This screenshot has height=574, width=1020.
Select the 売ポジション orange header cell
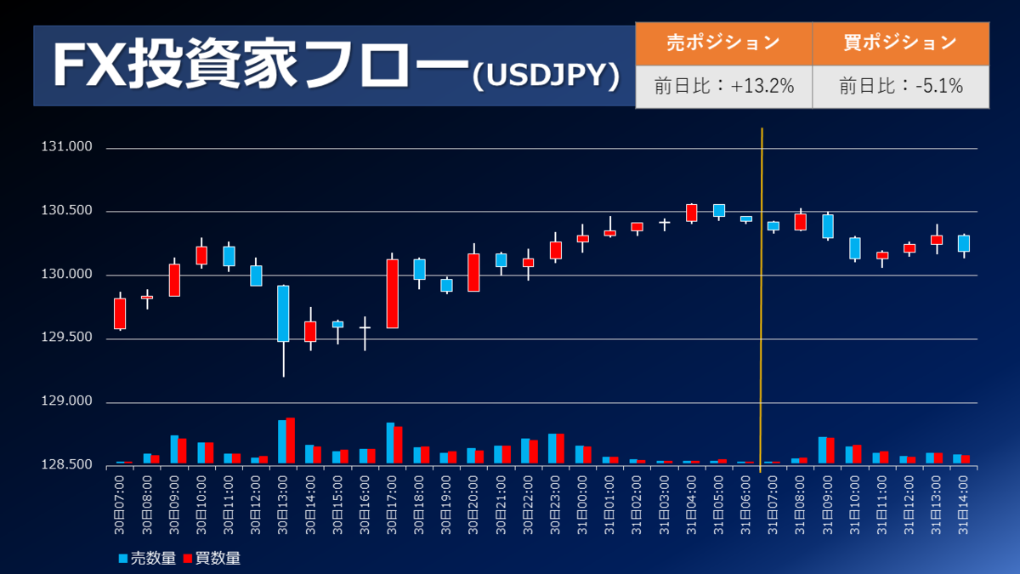click(723, 43)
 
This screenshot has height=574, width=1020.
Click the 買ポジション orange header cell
click(900, 43)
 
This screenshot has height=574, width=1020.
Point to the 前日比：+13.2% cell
click(723, 86)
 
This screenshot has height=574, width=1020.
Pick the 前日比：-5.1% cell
click(900, 86)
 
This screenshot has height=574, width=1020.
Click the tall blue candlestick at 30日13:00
click(283, 313)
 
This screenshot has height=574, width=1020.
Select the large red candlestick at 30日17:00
click(392, 293)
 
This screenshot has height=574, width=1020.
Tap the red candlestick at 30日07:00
click(120, 314)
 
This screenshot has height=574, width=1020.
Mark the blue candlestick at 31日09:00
click(827, 226)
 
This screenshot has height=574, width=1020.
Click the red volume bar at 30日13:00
click(291, 440)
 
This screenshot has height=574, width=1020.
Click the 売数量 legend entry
click(147, 559)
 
